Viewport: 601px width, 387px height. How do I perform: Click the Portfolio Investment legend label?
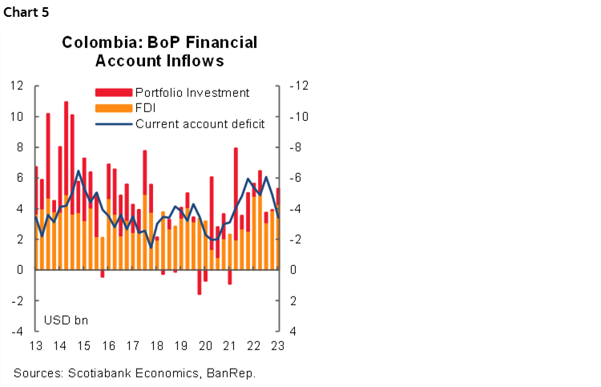[192, 93]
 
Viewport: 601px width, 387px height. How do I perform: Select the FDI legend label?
[145, 108]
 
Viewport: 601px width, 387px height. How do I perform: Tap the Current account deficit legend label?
[200, 123]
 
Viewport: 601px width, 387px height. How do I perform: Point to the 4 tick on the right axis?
[292, 331]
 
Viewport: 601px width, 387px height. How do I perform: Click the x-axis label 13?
[35, 346]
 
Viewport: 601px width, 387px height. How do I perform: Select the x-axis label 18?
[157, 346]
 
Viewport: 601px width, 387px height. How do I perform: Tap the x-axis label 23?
[278, 346]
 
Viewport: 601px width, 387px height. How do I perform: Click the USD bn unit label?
[66, 320]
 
